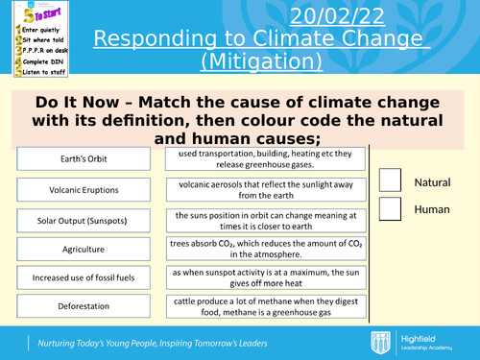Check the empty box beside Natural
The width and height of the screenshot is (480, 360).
pyautogui.click(x=391, y=180)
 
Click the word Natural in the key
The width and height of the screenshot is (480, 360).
pyautogui.click(x=431, y=182)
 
